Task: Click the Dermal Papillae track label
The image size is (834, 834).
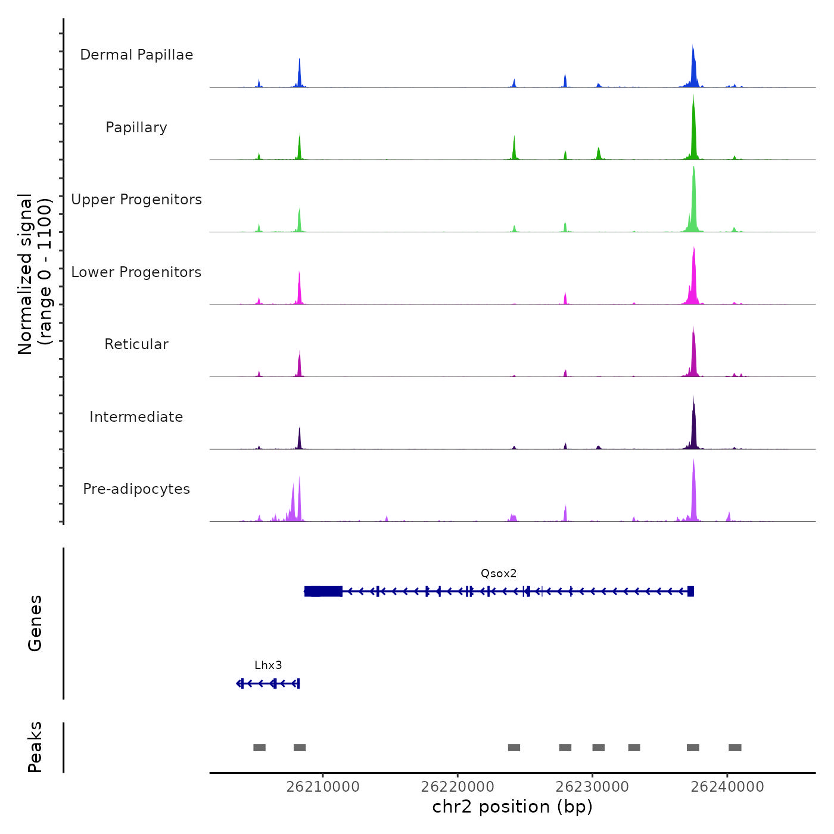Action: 136,55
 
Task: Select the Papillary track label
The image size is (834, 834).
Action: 136,127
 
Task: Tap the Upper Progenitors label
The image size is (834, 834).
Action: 136,200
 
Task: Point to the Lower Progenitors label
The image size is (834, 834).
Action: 136,272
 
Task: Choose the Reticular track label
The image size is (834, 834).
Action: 136,344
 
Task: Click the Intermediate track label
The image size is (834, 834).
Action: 136,417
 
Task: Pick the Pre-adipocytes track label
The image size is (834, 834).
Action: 136,489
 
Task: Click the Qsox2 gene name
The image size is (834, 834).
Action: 499,574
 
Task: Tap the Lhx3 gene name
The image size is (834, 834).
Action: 268,665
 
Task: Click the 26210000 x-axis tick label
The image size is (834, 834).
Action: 323,787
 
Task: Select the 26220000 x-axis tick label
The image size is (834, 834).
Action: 458,787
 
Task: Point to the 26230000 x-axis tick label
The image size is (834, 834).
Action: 592,787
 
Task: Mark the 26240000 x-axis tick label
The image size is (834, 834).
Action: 727,787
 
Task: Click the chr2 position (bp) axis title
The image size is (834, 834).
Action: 512,807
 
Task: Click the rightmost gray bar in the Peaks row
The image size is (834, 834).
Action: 735,748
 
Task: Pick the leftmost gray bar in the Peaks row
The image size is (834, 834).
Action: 259,748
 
